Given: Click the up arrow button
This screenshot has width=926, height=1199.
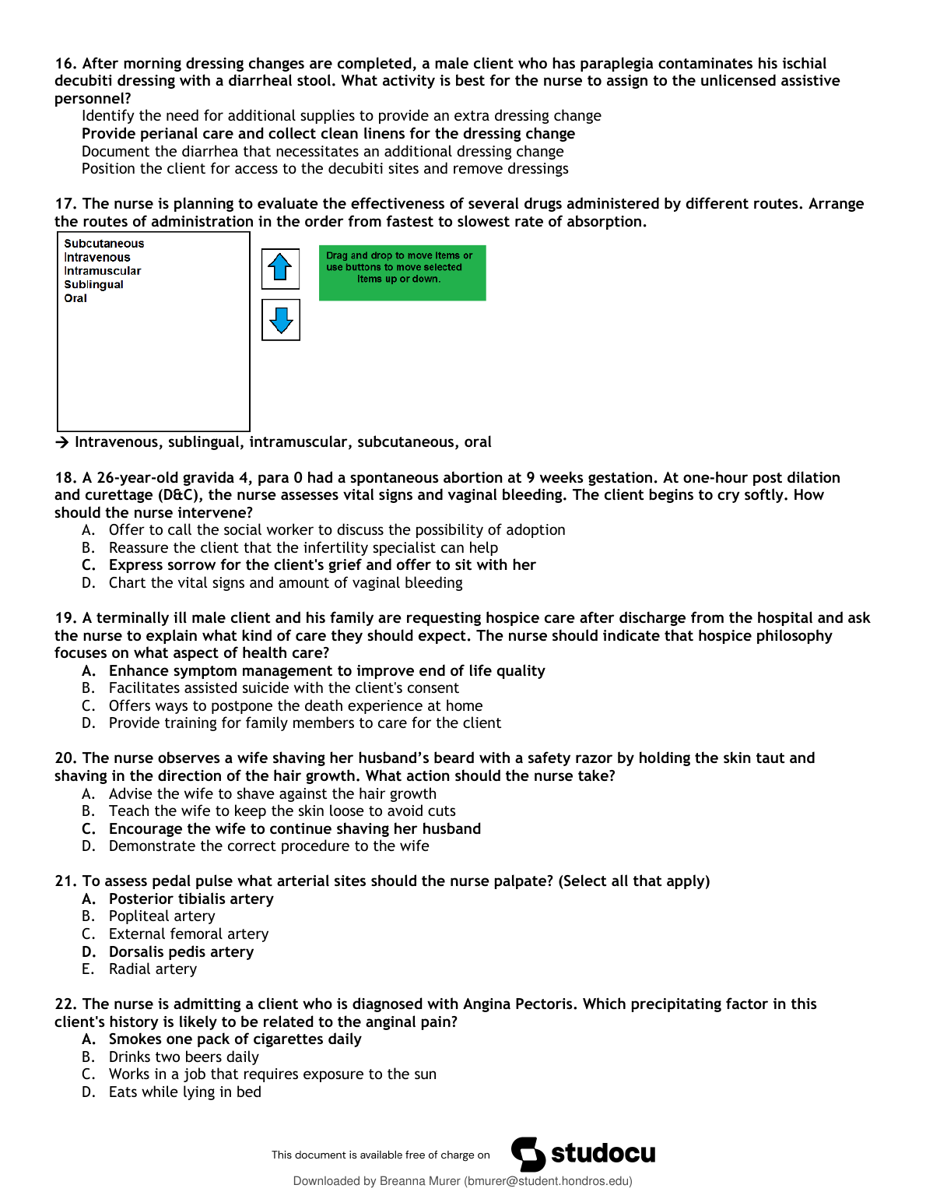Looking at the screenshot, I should [x=280, y=269].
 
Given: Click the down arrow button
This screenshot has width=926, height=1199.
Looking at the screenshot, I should [x=280, y=320].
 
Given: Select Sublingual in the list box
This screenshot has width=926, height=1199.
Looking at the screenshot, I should [x=93, y=285].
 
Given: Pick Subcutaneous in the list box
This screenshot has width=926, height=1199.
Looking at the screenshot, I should [x=103, y=244].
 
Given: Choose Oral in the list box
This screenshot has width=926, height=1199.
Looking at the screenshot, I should [x=75, y=298].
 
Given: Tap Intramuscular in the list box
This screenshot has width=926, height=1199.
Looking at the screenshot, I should [x=102, y=271].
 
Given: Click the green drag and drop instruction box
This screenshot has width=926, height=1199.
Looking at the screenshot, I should [x=402, y=272].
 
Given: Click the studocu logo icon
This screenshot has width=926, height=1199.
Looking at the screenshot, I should [x=528, y=1154].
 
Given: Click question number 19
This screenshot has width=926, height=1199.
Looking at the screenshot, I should [x=65, y=618].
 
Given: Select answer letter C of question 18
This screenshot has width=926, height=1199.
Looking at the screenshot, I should [x=88, y=565].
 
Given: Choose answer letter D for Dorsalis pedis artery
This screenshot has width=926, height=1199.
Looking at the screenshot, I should [x=89, y=952].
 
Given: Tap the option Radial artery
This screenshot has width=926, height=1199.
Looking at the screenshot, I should [x=153, y=969].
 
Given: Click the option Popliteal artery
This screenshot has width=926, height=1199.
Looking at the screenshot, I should [x=162, y=916].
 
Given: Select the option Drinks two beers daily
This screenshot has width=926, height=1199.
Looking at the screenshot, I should [x=184, y=1057].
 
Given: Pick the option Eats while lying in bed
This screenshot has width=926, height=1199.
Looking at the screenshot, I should [x=184, y=1092].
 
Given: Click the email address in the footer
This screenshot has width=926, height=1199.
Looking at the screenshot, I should [x=548, y=1181].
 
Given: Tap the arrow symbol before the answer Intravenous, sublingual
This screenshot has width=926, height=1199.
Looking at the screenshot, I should [x=61, y=442].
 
